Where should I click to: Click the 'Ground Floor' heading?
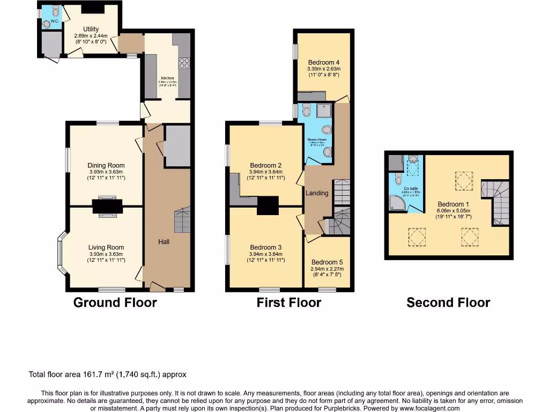pyautogui.click(x=115, y=303)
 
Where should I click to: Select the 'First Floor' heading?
pyautogui.click(x=288, y=303)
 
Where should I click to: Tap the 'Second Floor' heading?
pyautogui.click(x=448, y=303)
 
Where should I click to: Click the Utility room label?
pyautogui.click(x=91, y=29)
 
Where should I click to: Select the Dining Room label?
pyautogui.click(x=106, y=166)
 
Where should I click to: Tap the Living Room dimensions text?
pyautogui.click(x=106, y=257)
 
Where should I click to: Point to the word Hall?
pyautogui.click(x=164, y=242)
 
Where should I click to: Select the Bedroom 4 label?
pyautogui.click(x=324, y=62)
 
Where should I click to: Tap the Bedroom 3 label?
pyautogui.click(x=266, y=247)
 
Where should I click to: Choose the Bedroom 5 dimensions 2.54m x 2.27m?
pyautogui.click(x=327, y=269)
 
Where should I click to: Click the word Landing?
pyautogui.click(x=317, y=193)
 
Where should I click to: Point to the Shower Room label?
pyautogui.click(x=317, y=139)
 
